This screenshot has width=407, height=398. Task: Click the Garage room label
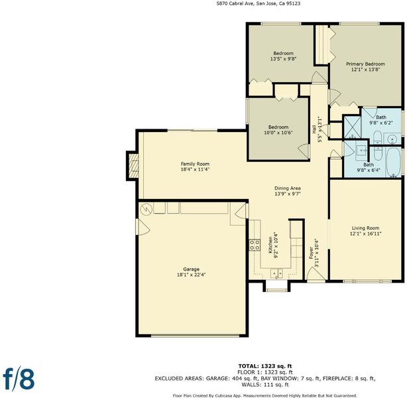[x=192, y=269]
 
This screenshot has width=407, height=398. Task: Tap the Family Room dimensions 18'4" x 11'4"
[x=195, y=169]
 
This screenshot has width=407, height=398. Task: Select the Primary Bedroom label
[x=365, y=64]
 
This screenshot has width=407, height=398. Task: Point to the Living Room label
[x=365, y=228]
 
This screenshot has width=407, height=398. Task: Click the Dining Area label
[x=288, y=188]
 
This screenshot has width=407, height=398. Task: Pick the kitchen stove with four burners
[x=255, y=245]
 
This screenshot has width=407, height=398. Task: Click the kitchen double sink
[x=276, y=273]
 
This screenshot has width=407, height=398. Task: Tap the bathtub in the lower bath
[x=394, y=163]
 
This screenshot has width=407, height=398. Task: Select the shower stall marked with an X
[x=352, y=127]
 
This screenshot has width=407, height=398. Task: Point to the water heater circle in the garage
[x=146, y=209]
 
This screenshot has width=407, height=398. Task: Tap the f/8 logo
[x=19, y=379]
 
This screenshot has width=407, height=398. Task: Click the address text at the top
[x=259, y=3]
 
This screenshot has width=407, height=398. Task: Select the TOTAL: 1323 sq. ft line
[x=265, y=366]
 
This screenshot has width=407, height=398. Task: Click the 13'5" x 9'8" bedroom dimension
[x=283, y=59]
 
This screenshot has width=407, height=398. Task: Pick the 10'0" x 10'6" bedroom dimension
[x=278, y=133]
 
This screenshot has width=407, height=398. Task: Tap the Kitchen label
[x=270, y=245]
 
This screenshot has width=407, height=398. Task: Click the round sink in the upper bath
[x=392, y=139]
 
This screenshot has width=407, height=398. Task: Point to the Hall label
[x=314, y=129]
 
